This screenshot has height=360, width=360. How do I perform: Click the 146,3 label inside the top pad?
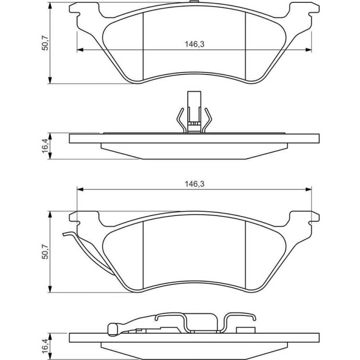pos(194,44)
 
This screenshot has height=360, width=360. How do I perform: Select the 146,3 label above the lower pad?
pos(194,184)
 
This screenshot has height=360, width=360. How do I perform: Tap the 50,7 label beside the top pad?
pos(45,43)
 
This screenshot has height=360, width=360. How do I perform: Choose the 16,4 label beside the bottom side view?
pos(45,347)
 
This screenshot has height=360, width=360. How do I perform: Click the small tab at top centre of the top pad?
pos(194,2)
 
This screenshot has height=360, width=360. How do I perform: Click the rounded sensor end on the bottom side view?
pos(113,329)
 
